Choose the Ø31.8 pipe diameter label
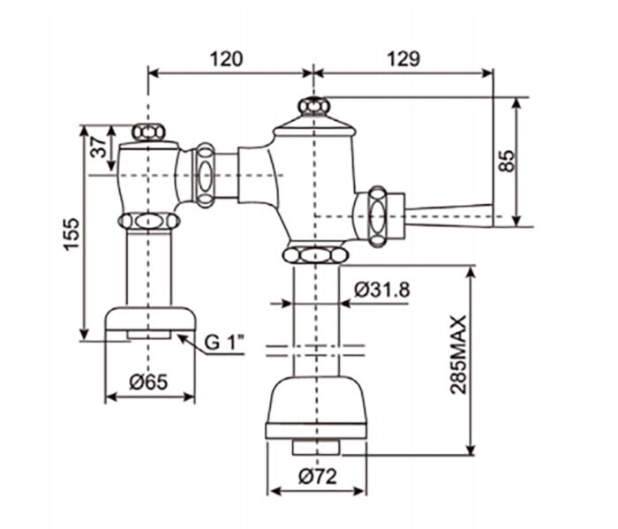coord(381,289)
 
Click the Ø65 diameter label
coord(147,382)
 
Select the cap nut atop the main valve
coord(313,107)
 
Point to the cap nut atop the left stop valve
coord(147,132)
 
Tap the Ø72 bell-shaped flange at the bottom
coord(315,406)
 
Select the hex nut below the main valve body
coord(314,255)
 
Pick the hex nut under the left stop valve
coord(149,221)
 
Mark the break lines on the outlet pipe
coord(314,351)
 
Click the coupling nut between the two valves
coord(205,175)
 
